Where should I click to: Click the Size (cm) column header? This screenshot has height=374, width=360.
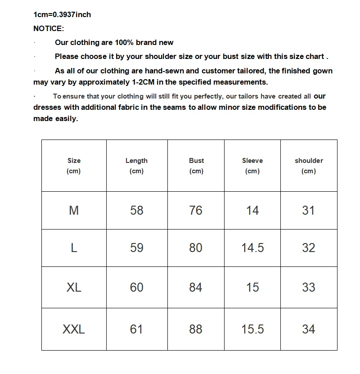(74, 166)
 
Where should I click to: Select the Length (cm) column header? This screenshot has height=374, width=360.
(136, 166)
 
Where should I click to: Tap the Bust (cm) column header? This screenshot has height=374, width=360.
(196, 166)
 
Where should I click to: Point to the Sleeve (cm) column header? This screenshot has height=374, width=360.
(252, 166)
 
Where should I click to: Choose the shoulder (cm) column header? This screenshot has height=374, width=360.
(309, 166)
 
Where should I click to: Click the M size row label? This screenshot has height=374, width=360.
(74, 210)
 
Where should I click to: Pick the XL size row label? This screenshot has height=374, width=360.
(74, 287)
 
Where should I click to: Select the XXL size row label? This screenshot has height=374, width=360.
(74, 329)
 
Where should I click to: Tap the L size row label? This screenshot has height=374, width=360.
(74, 248)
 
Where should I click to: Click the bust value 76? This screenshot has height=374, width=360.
(196, 210)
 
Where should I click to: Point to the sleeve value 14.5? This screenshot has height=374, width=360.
(252, 248)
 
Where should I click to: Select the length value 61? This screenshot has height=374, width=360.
(136, 329)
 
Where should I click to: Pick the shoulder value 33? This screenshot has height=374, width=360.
(309, 287)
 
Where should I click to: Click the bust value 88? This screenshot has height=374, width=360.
(196, 329)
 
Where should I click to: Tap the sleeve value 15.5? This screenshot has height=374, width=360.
(252, 329)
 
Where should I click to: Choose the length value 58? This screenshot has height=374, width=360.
(136, 210)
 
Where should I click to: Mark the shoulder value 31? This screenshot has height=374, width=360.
(309, 210)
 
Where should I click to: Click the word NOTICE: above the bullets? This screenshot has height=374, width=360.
(49, 28)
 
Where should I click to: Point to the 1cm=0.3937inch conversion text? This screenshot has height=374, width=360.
(62, 14)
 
